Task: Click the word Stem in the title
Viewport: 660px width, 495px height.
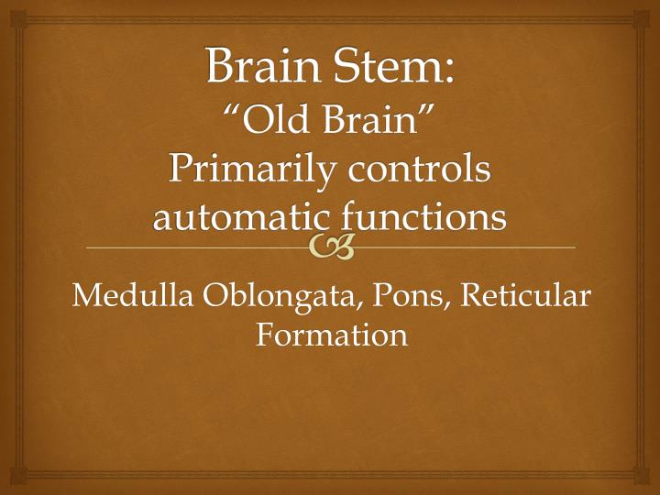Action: pos(390,67)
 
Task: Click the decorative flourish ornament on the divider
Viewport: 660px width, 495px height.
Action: pos(331,246)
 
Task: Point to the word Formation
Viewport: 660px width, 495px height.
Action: pos(331,335)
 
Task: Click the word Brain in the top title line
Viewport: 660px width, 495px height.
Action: pos(258,67)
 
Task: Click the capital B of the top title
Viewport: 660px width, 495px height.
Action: pos(220,67)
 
